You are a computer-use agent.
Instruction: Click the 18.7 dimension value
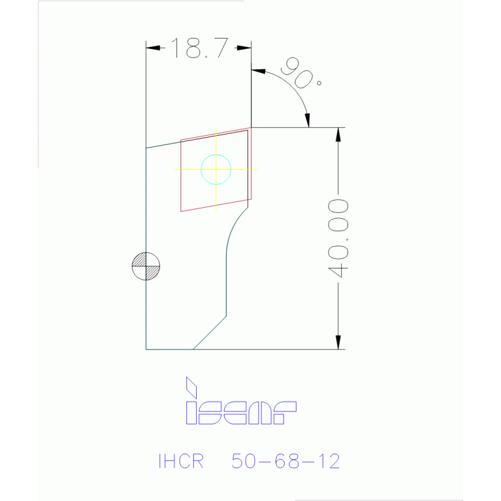coord(199,48)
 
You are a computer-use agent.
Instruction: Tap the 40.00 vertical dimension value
coord(338,238)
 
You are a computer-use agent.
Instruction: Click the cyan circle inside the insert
coord(216,169)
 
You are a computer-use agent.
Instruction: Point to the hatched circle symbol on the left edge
coord(146,266)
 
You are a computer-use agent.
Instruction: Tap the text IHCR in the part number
coord(181,461)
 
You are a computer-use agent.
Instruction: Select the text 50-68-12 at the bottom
coord(285,461)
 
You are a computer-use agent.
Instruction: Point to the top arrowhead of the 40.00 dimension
coord(338,133)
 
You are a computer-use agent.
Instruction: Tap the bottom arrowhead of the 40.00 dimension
coord(338,344)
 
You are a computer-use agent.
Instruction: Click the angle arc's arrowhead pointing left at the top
coord(257,71)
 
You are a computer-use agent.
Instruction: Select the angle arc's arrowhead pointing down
coord(308,121)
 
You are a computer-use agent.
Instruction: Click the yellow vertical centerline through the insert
coord(216,196)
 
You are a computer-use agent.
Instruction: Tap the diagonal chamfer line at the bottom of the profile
coord(209,333)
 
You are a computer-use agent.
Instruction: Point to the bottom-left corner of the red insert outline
coord(181,210)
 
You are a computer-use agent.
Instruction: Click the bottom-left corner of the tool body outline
coord(146,349)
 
